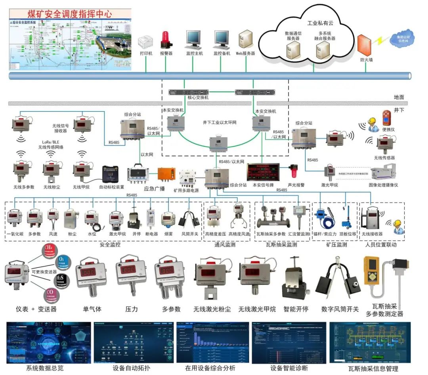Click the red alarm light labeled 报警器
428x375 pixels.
[x=166, y=39]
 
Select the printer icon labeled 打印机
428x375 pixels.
[x=145, y=42]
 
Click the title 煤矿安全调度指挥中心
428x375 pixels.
[x=70, y=14]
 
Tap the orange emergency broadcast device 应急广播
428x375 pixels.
[x=166, y=173]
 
